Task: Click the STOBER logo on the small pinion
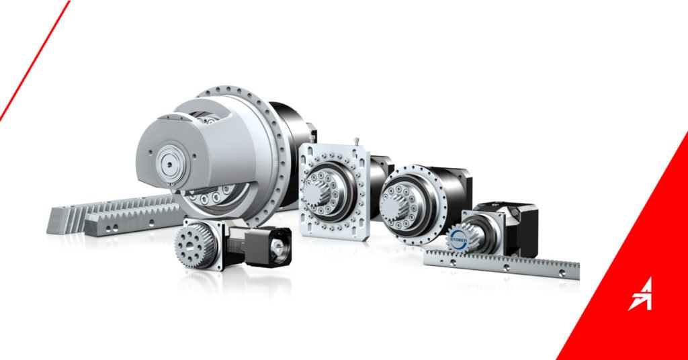pyautogui.click(x=458, y=239)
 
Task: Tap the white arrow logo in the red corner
pyautogui.click(x=640, y=294)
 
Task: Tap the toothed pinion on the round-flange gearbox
pyautogui.click(x=394, y=208)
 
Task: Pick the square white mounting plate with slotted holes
pyautogui.click(x=335, y=191)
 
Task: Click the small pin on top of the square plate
pyautogui.click(x=357, y=141)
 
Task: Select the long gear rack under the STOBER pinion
pyautogui.click(x=501, y=264)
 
